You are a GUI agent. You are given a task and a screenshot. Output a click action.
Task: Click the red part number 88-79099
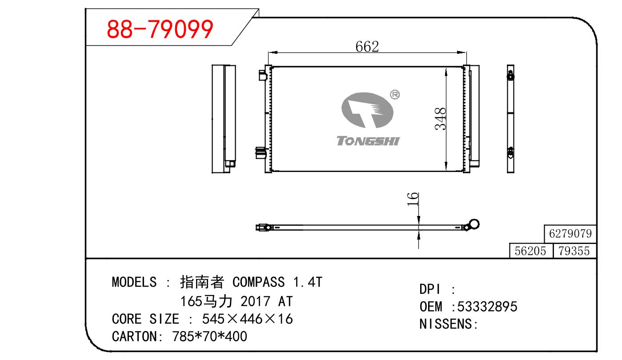point(160,29)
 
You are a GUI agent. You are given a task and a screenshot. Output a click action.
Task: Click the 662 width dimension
point(367,47)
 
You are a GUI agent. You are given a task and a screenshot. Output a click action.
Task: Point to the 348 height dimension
point(441,119)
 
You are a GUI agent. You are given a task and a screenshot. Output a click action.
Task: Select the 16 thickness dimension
point(413,199)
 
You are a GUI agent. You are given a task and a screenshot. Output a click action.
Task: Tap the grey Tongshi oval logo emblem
point(367,110)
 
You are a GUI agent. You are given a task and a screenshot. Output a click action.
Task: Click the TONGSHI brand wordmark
point(368,141)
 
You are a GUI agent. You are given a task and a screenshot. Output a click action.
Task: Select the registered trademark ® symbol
point(395,95)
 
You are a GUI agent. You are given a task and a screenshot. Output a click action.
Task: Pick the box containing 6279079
point(570,234)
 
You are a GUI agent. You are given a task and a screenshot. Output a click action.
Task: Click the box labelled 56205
point(531,251)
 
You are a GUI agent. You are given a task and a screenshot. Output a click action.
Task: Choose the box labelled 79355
point(574,251)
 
